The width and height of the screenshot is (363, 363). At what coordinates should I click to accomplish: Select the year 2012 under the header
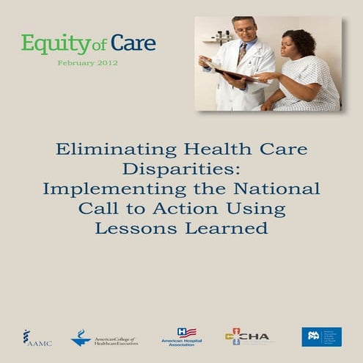pos(106,63)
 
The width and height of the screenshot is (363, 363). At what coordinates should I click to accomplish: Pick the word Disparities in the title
pos(181,169)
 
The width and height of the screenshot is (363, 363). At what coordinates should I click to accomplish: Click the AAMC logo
pos(37,338)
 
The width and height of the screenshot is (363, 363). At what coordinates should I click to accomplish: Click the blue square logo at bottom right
pos(321,337)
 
